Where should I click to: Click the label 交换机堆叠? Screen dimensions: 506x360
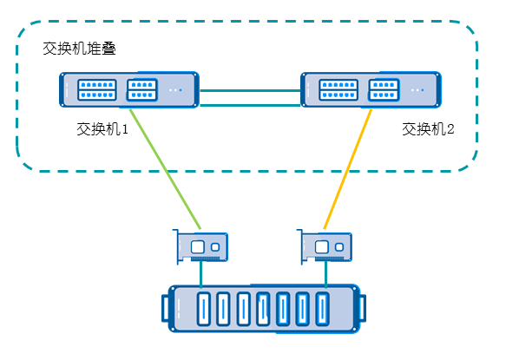tap(79, 49)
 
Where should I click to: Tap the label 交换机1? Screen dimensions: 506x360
tap(102, 129)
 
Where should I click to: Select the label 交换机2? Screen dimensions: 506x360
tap(428, 129)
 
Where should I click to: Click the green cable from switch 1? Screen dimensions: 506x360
tap(165, 169)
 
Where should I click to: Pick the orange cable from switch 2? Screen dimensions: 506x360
tap(348, 169)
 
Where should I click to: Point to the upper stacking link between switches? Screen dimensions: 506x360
tap(250, 90)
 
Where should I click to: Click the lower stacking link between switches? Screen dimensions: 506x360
tap(250, 105)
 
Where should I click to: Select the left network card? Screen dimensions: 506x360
tap(200, 246)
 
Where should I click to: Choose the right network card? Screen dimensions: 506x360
tap(325, 246)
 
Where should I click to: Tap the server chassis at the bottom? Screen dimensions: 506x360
tap(264, 309)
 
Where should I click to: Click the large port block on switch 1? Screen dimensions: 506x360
tap(97, 89)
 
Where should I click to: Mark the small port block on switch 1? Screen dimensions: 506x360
tap(142, 89)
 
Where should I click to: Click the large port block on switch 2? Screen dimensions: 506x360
tap(338, 89)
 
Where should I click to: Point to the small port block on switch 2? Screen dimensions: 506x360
tap(384, 89)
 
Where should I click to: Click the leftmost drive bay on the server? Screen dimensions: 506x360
tap(204, 309)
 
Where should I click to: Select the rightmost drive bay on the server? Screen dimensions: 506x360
tap(322, 309)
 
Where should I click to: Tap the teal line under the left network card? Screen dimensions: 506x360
tap(201, 274)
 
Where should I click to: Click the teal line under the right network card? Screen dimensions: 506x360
tap(325, 274)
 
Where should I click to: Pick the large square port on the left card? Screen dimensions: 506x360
tap(198, 247)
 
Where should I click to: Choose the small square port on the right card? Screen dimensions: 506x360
tap(339, 247)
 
